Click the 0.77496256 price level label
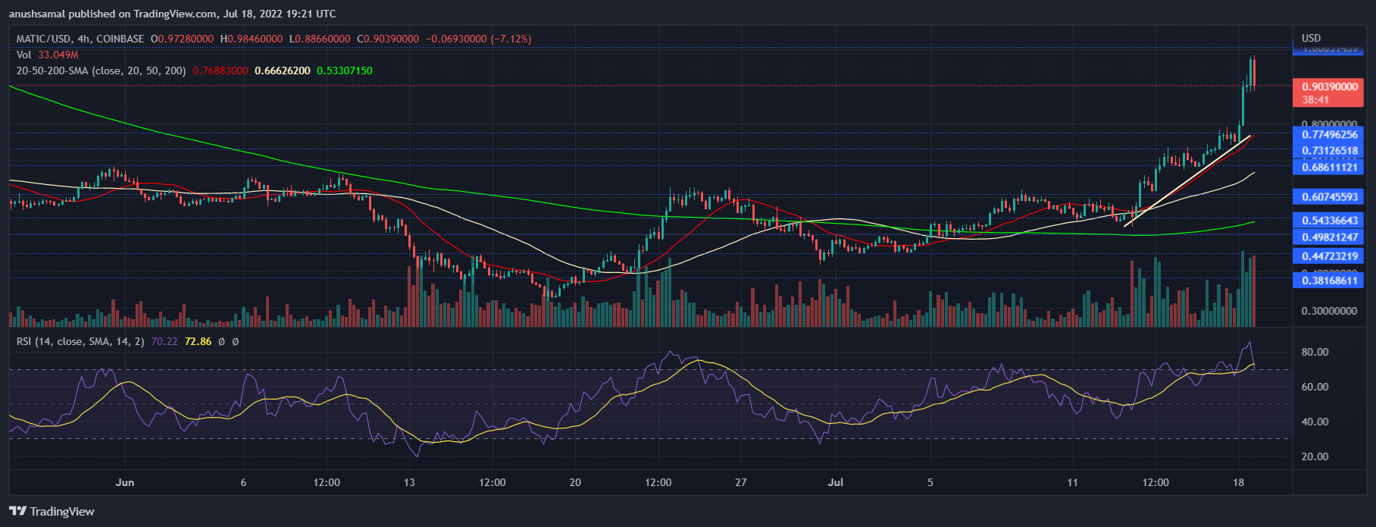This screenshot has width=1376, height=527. [1330, 135]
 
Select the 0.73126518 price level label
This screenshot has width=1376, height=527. [1330, 151]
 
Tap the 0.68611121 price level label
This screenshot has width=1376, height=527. [1330, 167]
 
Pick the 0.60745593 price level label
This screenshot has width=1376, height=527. [1330, 197]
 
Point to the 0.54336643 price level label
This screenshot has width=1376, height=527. [1330, 221]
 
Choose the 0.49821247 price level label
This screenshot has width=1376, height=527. [1330, 237]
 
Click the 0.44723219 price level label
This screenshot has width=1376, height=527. [1330, 256]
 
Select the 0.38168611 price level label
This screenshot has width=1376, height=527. [1330, 281]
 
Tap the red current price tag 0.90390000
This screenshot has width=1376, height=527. [1330, 87]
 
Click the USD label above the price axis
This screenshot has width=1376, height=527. [1311, 38]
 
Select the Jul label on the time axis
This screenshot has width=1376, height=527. [836, 482]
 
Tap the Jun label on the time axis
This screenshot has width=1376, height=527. [125, 482]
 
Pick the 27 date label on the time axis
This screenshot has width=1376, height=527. [741, 482]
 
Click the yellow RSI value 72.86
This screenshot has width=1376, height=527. [198, 341]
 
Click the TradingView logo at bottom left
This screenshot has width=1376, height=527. [52, 512]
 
